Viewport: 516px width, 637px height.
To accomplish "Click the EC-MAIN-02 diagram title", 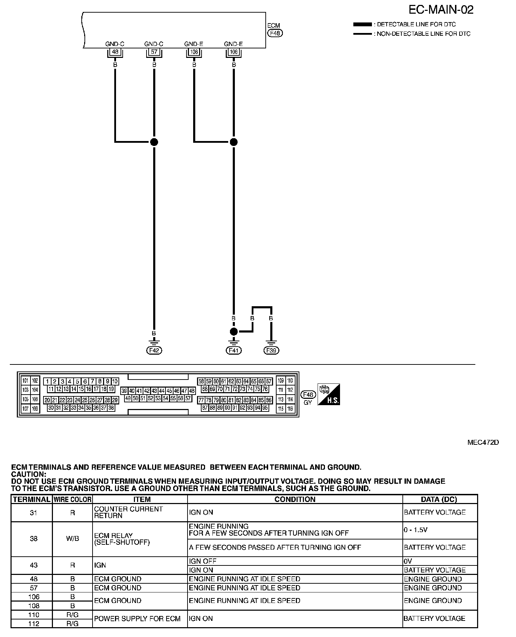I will coord(441,10).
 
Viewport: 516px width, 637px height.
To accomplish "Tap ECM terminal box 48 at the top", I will coord(115,52).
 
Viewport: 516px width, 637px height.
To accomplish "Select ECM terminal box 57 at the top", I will coord(154,52).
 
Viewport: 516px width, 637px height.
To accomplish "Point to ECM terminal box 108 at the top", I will coord(194,52).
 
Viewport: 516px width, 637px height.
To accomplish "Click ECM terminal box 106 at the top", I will coord(233,52).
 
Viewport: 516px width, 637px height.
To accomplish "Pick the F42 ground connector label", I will coord(154,350).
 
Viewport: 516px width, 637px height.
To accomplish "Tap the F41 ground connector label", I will coord(233,350).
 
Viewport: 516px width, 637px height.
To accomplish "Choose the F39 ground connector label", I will coord(272,350).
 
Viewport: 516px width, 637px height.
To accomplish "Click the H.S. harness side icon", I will coord(328,394).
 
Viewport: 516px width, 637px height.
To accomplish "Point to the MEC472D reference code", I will coord(483,442).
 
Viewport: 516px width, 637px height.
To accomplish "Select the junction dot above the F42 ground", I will coord(154,142).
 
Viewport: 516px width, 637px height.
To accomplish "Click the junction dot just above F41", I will coord(233,331).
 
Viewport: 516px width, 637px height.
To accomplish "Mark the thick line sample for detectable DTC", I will coord(362,25).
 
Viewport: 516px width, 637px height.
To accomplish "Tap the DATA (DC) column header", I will coord(440,499).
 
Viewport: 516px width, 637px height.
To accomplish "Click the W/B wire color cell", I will coord(72,539).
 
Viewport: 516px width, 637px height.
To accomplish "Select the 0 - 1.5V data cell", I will coord(415,530).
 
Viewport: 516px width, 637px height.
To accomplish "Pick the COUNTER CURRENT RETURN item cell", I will coord(128,512).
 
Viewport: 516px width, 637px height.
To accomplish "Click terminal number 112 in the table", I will coord(34,624).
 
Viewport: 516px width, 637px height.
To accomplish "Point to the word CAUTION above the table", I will coord(29,474).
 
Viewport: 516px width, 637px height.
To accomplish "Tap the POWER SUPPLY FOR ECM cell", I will coord(137,619).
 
